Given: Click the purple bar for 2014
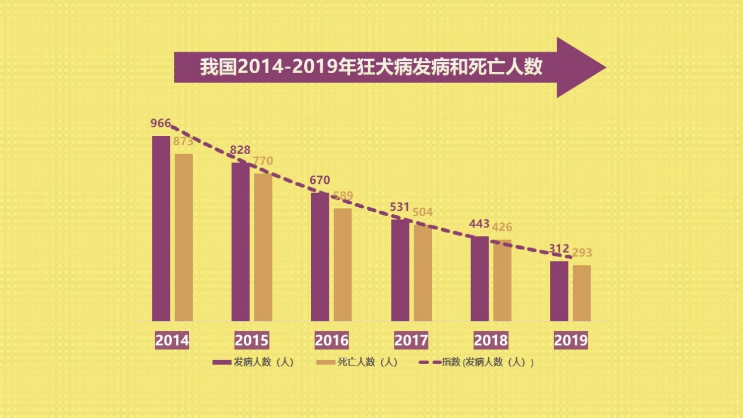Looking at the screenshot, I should pos(161,228).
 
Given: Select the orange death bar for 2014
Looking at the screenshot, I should pos(183,237).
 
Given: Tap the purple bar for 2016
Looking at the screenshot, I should pos(320,256).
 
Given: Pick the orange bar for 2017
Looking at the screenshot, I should pos(422,273).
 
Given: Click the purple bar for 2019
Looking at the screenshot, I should pos(559,291).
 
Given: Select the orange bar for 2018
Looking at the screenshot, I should pos(502,280).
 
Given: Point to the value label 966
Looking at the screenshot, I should pos(161,123).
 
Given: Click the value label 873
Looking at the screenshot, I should pos(183,141).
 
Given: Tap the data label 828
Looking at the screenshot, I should pos(240,149).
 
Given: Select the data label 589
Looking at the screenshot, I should pos(342,196).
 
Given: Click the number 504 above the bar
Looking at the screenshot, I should pos(422,212).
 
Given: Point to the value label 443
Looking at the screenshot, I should pos(479,224).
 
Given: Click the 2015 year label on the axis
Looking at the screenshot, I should pos(251,340).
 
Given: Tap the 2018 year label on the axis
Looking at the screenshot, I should pos(490,340).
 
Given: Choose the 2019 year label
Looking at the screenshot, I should pos(570,340).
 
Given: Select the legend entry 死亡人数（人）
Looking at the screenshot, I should pos(357,362).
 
